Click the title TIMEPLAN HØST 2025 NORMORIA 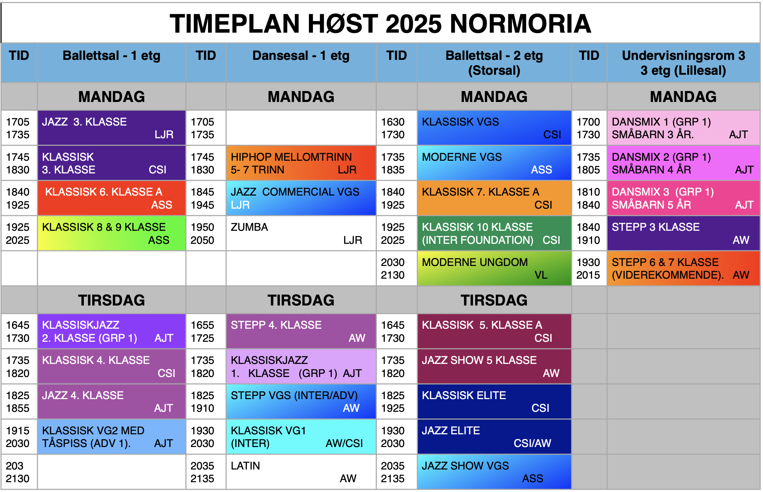(380, 24)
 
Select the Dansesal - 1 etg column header (301, 63)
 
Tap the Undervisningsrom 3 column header (683, 63)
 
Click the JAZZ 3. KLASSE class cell (111, 128)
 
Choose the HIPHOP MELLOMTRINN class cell (301, 163)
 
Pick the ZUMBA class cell (301, 233)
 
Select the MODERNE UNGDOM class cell (494, 268)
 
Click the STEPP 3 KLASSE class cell (683, 233)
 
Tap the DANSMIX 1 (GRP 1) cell (683, 128)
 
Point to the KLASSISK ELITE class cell (494, 401)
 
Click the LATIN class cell (301, 472)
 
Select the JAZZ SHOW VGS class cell (494, 472)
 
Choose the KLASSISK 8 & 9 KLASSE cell (111, 233)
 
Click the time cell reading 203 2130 (19, 472)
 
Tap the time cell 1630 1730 (396, 128)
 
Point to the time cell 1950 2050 (206, 233)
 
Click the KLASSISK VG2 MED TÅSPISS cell (111, 436)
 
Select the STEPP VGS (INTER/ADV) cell (301, 401)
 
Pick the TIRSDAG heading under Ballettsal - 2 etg (494, 300)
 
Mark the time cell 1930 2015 (589, 268)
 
